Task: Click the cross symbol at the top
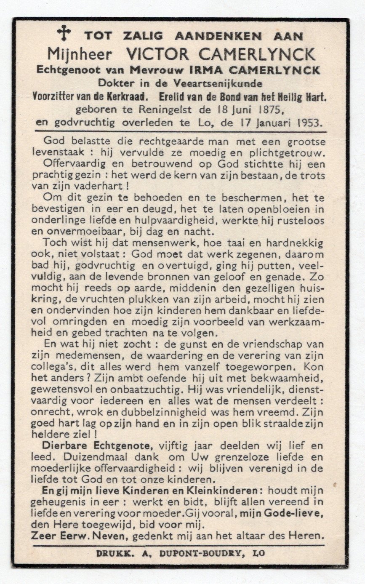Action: (64, 33)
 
